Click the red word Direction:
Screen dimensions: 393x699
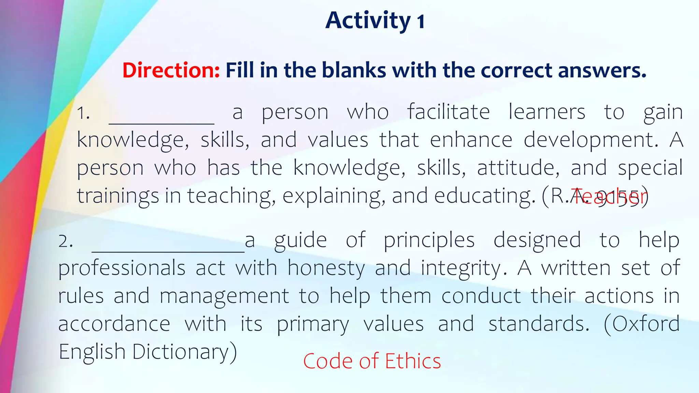(x=171, y=70)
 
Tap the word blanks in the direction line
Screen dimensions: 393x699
(x=354, y=70)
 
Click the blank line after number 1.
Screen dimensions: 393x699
(x=161, y=119)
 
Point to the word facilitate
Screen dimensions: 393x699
(x=448, y=112)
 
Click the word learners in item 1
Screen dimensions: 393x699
(x=547, y=112)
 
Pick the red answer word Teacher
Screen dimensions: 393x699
(x=609, y=197)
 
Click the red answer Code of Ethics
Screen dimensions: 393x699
(x=372, y=361)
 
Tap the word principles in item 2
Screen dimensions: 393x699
(x=429, y=240)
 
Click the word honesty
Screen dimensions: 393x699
(x=326, y=268)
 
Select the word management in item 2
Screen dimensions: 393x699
(x=224, y=296)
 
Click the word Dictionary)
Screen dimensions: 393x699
(x=184, y=352)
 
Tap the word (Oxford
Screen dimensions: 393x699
(x=642, y=324)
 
